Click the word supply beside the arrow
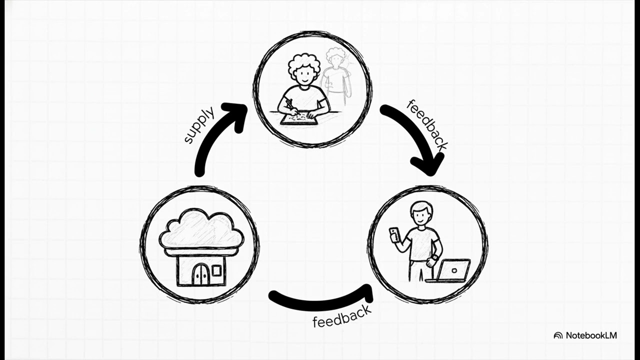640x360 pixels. pyautogui.click(x=199, y=124)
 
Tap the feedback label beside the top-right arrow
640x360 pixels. pyautogui.click(x=427, y=125)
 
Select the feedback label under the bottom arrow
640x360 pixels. pyautogui.click(x=342, y=316)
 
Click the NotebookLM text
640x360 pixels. pyautogui.click(x=591, y=335)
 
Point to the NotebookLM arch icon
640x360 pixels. pyautogui.click(x=558, y=335)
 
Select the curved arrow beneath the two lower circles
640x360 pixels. pyautogui.click(x=320, y=303)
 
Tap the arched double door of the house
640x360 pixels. pyautogui.click(x=201, y=274)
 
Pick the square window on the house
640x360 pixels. pyautogui.click(x=216, y=271)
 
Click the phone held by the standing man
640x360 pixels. pyautogui.click(x=393, y=235)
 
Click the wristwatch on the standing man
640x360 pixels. pyautogui.click(x=435, y=257)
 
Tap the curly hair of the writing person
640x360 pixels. pyautogui.click(x=303, y=65)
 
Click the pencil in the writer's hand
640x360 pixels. pyautogui.click(x=292, y=107)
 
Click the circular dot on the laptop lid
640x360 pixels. pyautogui.click(x=454, y=270)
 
